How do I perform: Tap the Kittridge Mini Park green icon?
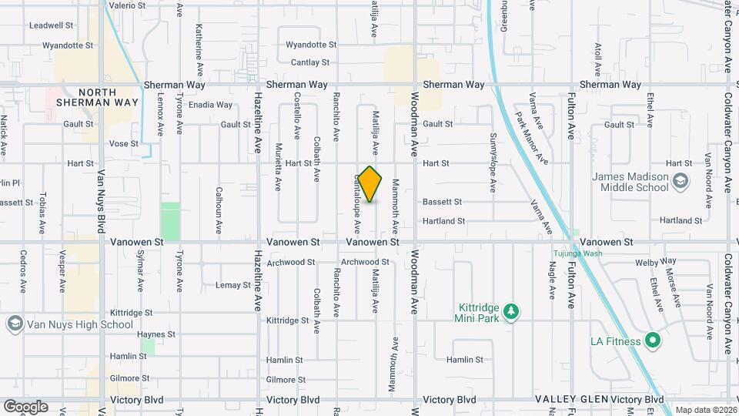click(x=510, y=312)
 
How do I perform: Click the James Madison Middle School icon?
click(x=680, y=182)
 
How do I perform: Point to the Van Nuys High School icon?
click(x=14, y=324)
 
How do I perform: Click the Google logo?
click(x=25, y=406)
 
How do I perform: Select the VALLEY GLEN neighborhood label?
click(x=570, y=400)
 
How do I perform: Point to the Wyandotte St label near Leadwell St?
click(x=68, y=45)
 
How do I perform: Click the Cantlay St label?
click(x=310, y=62)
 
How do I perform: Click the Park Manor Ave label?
click(x=533, y=138)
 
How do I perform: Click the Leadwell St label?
click(x=51, y=25)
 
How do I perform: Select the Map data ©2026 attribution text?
click(x=706, y=410)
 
